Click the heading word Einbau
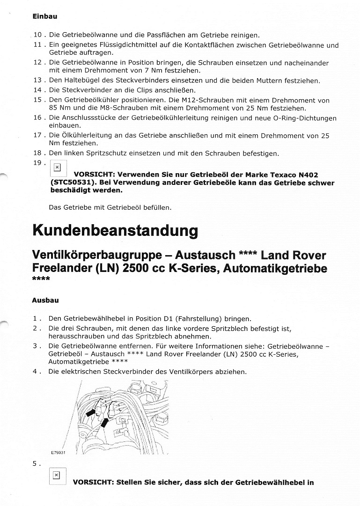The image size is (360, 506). (x=44, y=16)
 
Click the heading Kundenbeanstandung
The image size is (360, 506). (x=115, y=231)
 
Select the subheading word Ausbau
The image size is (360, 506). (x=45, y=300)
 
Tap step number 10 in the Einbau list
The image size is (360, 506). (x=38, y=35)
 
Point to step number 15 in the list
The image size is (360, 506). (x=38, y=100)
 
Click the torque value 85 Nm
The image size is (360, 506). (x=59, y=109)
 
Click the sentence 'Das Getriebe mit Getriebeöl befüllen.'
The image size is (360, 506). (x=110, y=207)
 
